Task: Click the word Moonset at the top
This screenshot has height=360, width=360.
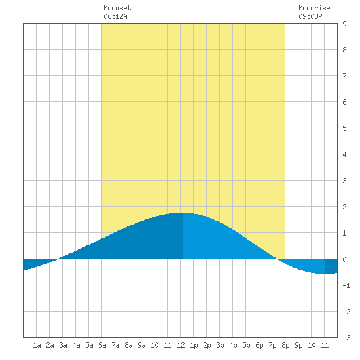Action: pos(117,8)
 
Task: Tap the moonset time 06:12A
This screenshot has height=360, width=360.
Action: pos(115,16)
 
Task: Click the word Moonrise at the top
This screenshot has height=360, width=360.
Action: pos(314,8)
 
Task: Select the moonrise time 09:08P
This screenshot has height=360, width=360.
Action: pos(310,16)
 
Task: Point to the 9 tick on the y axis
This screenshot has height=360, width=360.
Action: pos(344,24)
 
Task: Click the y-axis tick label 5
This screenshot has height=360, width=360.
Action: pos(344,128)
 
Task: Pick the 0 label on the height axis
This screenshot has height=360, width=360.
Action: pos(344,259)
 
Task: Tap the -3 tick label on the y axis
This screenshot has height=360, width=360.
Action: pos(346,338)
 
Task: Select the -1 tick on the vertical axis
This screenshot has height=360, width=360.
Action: pos(346,285)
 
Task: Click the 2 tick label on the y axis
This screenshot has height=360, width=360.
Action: pos(344,207)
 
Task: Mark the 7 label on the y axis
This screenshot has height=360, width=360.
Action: pos(344,76)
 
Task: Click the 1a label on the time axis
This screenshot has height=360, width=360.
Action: pos(37,345)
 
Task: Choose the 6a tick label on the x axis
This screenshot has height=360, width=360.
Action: pos(102,345)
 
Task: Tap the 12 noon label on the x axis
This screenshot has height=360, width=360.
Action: pos(181,345)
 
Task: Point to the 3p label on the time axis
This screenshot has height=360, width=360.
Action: pos(220,345)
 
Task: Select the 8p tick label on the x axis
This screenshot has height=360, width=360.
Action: pos(285,345)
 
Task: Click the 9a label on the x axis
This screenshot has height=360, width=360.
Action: pos(141,345)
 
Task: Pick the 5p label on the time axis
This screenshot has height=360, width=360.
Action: pos(246,345)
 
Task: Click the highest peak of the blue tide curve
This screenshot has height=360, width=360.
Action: pos(183,213)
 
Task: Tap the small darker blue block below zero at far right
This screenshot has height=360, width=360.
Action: pos(331,266)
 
